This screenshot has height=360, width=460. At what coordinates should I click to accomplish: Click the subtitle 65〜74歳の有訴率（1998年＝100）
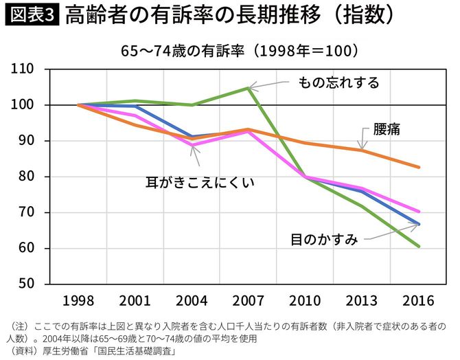point(230,51)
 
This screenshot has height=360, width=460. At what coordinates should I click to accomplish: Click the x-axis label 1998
point(78,302)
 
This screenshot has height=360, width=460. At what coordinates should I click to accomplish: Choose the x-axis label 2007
point(249,302)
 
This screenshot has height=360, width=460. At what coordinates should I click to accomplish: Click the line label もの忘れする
point(338,82)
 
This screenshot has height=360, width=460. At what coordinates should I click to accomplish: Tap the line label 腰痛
point(387,128)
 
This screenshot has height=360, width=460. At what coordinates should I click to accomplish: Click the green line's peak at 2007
point(249,88)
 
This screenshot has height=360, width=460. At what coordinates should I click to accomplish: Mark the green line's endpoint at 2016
point(419,246)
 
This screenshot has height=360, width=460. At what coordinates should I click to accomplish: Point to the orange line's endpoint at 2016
point(419,167)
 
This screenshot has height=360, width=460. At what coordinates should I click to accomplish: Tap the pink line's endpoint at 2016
point(419,212)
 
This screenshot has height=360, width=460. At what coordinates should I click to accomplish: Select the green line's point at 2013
point(362,206)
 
